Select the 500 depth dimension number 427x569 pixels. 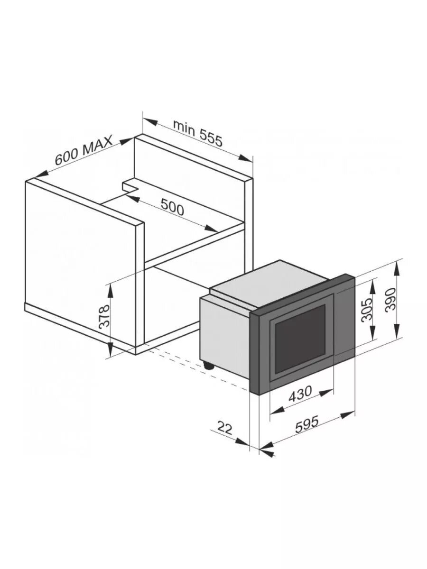(172, 207)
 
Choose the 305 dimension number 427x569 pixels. (366, 310)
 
